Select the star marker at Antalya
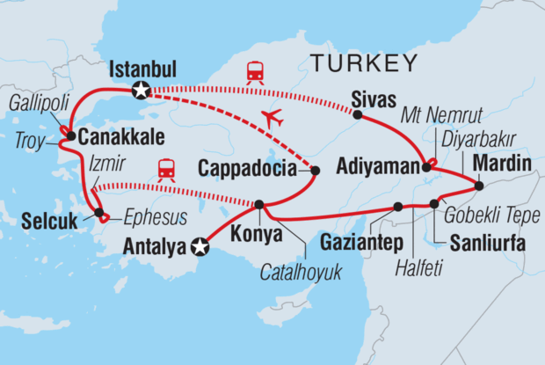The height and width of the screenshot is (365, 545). (200, 249)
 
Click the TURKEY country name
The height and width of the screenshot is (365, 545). (361, 62)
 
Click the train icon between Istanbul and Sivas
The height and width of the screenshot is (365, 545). (255, 72)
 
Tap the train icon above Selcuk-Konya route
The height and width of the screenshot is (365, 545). (165, 169)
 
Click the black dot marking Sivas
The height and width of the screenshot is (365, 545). (358, 113)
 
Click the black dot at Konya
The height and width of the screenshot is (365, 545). (258, 205)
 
